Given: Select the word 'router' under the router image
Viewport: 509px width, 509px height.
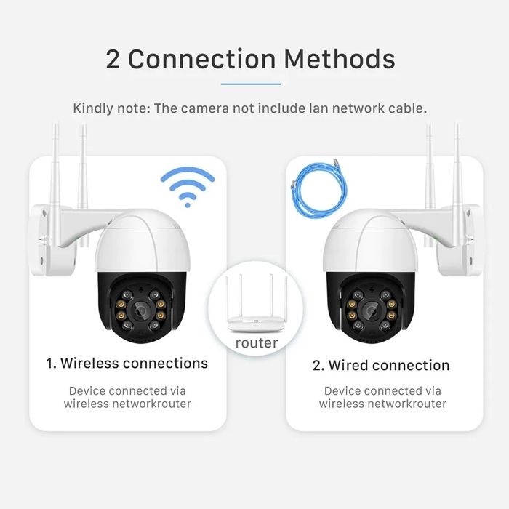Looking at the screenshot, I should (257, 342).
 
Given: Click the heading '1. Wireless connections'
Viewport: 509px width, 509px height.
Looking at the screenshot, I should (127, 363).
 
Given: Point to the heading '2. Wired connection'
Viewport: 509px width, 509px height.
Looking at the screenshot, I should (381, 365).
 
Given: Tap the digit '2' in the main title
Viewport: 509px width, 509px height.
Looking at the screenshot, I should (113, 60).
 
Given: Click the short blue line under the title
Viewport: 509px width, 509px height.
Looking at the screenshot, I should (250, 84).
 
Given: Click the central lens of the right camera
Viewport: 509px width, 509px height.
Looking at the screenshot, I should (372, 310).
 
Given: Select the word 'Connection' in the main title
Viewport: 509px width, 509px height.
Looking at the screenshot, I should (201, 60).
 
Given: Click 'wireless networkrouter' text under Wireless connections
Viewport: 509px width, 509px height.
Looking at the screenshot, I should (127, 404).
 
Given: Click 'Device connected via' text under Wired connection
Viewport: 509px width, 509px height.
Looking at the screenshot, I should (382, 390).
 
